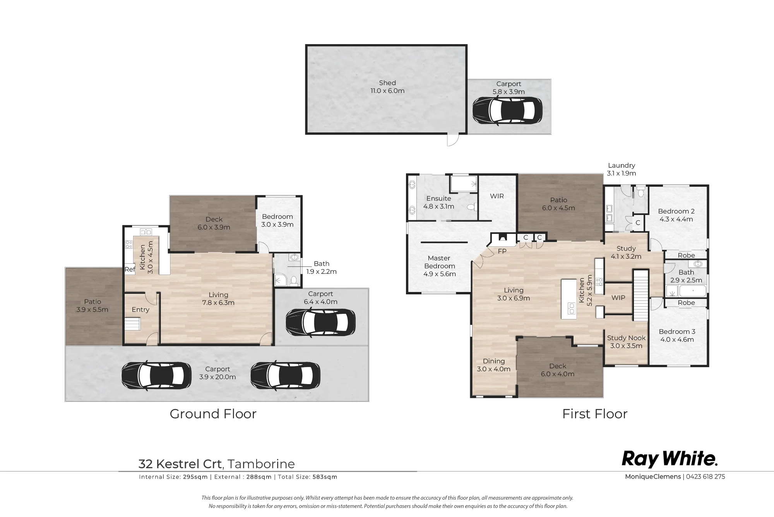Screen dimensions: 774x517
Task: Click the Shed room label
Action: (387, 83)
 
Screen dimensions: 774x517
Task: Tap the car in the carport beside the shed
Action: (507, 111)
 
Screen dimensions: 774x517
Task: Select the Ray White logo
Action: (670, 459)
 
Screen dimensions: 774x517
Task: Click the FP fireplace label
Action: (502, 251)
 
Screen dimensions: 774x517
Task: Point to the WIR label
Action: (497, 196)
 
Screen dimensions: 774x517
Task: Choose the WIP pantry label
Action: (618, 298)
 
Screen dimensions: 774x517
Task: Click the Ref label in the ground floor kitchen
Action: (130, 270)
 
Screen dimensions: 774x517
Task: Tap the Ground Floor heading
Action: (213, 414)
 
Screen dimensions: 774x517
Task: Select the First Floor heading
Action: (595, 414)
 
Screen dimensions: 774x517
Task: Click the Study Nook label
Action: (626, 338)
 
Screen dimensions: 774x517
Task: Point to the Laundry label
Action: (622, 165)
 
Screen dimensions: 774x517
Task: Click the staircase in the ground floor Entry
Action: (132, 324)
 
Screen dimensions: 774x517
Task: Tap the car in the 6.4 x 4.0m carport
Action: (320, 322)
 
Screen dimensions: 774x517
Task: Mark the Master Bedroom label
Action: (439, 262)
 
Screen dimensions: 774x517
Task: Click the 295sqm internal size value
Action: (195, 477)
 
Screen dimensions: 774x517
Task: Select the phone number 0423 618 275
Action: (706, 477)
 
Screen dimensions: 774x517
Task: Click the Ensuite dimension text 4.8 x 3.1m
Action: (439, 206)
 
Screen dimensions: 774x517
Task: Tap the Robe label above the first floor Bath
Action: (686, 256)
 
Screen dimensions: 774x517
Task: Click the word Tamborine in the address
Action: (261, 464)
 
